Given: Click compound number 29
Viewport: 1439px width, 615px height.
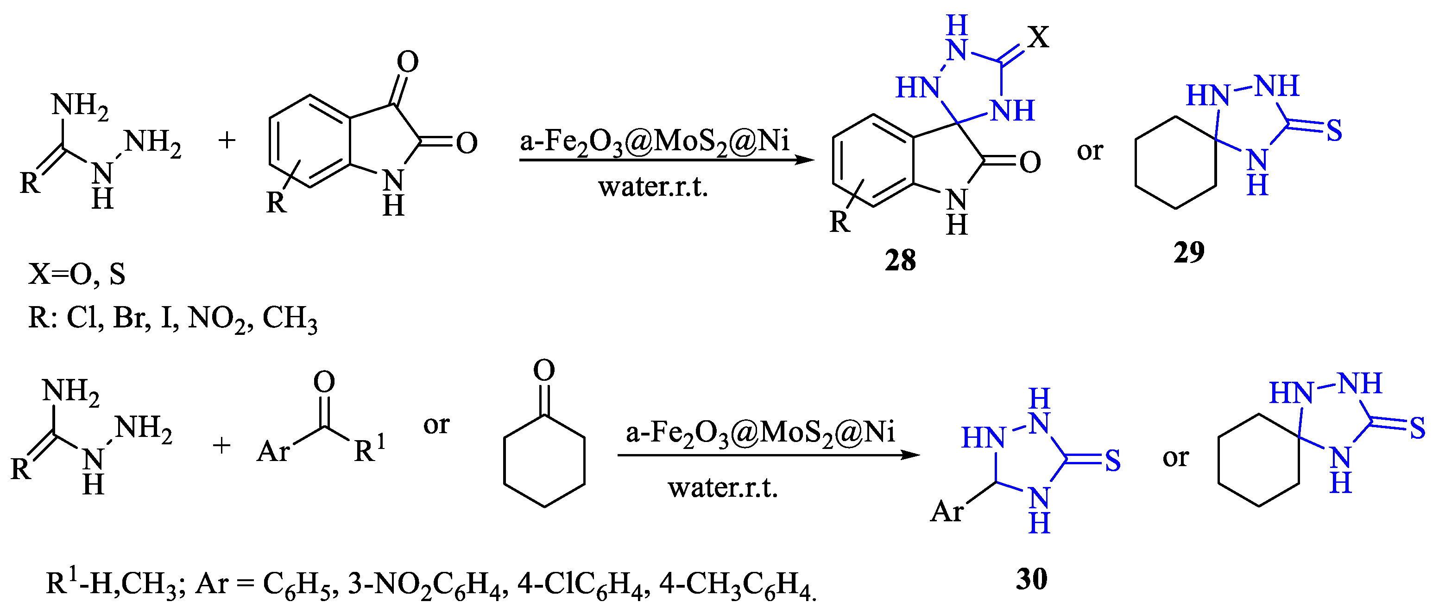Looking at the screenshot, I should pos(1189,252).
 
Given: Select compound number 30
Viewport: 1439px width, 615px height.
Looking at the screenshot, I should pos(1031,579).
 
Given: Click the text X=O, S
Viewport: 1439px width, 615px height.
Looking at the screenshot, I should pos(77,274).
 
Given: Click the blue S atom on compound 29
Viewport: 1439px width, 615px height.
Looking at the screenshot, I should pos(1334,131).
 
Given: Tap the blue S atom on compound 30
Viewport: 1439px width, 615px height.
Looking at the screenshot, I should pos(1112,461).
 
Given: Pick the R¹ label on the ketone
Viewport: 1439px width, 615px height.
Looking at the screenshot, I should pos(369,448).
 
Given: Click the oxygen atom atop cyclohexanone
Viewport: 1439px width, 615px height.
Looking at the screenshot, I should pos(544,370).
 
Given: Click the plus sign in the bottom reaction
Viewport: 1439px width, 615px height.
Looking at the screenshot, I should pos(222,446).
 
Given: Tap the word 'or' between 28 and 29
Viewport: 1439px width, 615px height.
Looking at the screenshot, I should pos(1090,151).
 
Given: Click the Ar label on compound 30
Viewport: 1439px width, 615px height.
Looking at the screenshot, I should pos(947,511).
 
